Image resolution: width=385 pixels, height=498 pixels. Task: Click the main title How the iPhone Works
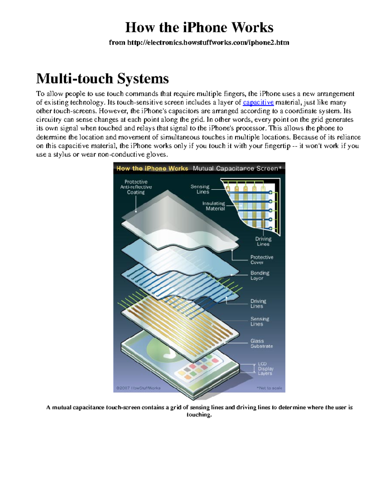point(199,28)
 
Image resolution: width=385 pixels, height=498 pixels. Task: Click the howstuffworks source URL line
point(199,42)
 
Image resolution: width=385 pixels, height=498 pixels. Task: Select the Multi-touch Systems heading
point(102,79)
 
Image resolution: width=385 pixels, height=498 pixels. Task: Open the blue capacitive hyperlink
point(258,103)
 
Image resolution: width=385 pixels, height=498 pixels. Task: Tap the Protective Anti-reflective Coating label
point(136,187)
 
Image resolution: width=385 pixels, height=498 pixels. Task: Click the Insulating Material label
point(214,206)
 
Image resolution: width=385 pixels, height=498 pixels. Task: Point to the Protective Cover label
point(261,260)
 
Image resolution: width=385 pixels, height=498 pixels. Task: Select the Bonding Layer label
point(260,275)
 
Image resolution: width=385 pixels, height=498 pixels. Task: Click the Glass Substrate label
point(261,343)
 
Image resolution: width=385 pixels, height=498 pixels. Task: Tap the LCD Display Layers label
point(265,368)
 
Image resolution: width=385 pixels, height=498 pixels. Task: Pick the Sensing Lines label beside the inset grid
point(200,189)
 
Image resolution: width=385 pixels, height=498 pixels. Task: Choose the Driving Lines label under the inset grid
point(263,241)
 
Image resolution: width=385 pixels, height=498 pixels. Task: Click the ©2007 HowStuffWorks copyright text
point(138,388)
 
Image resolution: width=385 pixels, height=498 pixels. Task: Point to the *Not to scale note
point(269,388)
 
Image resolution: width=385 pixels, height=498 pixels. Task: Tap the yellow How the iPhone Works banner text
point(152,168)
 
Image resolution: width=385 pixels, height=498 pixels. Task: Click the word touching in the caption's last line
point(199,415)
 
